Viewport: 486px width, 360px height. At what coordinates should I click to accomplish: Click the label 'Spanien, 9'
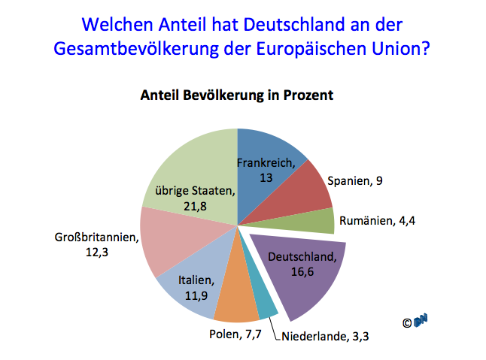point(355,181)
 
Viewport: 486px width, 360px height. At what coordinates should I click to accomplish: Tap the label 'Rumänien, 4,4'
point(378,220)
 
